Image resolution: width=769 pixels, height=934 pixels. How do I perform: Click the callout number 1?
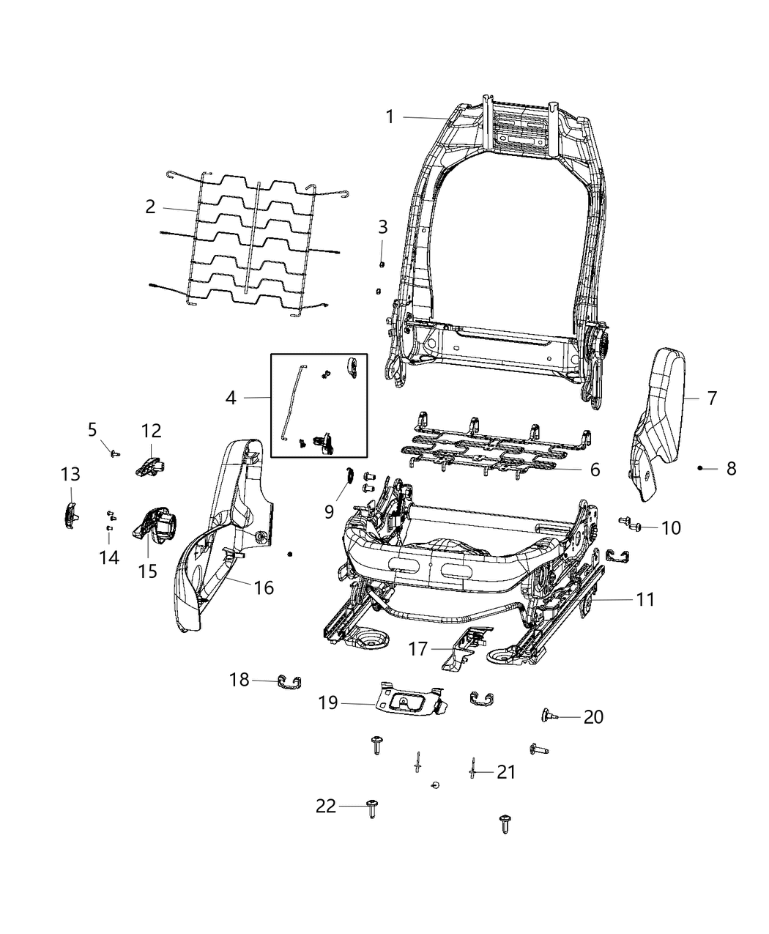pos(390,116)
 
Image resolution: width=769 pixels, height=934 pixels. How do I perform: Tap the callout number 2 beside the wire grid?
pos(150,207)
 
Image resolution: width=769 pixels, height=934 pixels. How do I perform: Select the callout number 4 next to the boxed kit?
pos(231,398)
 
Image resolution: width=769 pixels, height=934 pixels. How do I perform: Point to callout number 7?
pos(712,399)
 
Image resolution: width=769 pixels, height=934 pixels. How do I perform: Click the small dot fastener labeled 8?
pos(700,467)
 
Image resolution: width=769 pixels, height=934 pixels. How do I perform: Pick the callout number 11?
pos(644,599)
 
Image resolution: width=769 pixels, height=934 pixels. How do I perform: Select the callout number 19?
pos(328,703)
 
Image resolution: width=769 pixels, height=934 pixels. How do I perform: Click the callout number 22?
pos(326,807)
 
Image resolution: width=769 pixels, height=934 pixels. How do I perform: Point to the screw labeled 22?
pos(371,808)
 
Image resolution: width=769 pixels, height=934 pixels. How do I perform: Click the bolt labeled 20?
pos(547,715)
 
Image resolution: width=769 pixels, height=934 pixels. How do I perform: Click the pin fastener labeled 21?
pos(473,769)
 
